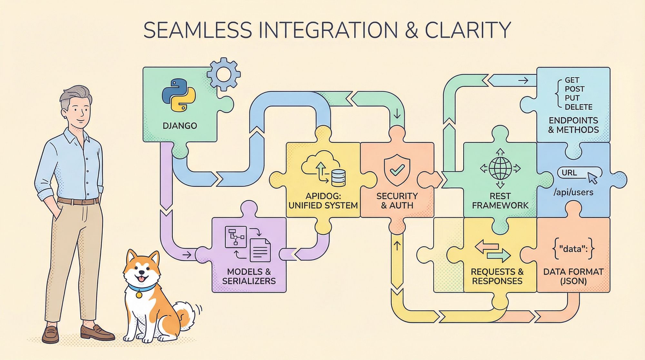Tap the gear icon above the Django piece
(x=223, y=75)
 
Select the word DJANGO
(x=180, y=125)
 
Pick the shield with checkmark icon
(x=397, y=170)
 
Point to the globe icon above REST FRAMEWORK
(x=500, y=168)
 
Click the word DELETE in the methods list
(x=579, y=107)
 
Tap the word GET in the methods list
(x=572, y=80)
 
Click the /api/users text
(x=573, y=193)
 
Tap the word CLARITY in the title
(x=467, y=30)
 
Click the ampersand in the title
(x=410, y=30)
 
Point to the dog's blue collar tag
(x=139, y=294)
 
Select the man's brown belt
(x=78, y=201)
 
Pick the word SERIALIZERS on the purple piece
(x=249, y=281)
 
